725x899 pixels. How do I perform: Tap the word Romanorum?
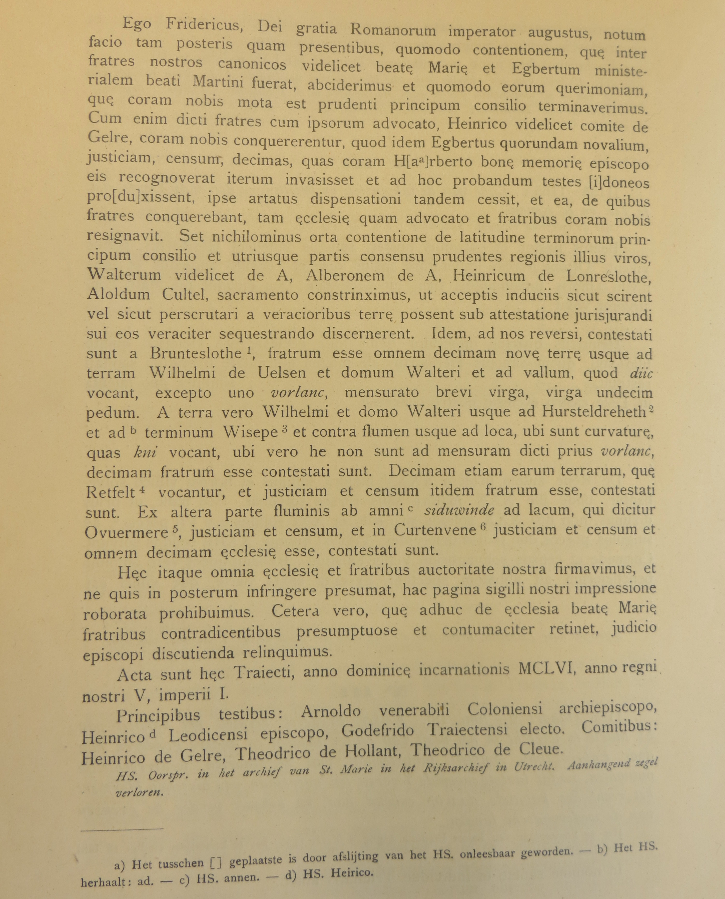pyautogui.click(x=393, y=30)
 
